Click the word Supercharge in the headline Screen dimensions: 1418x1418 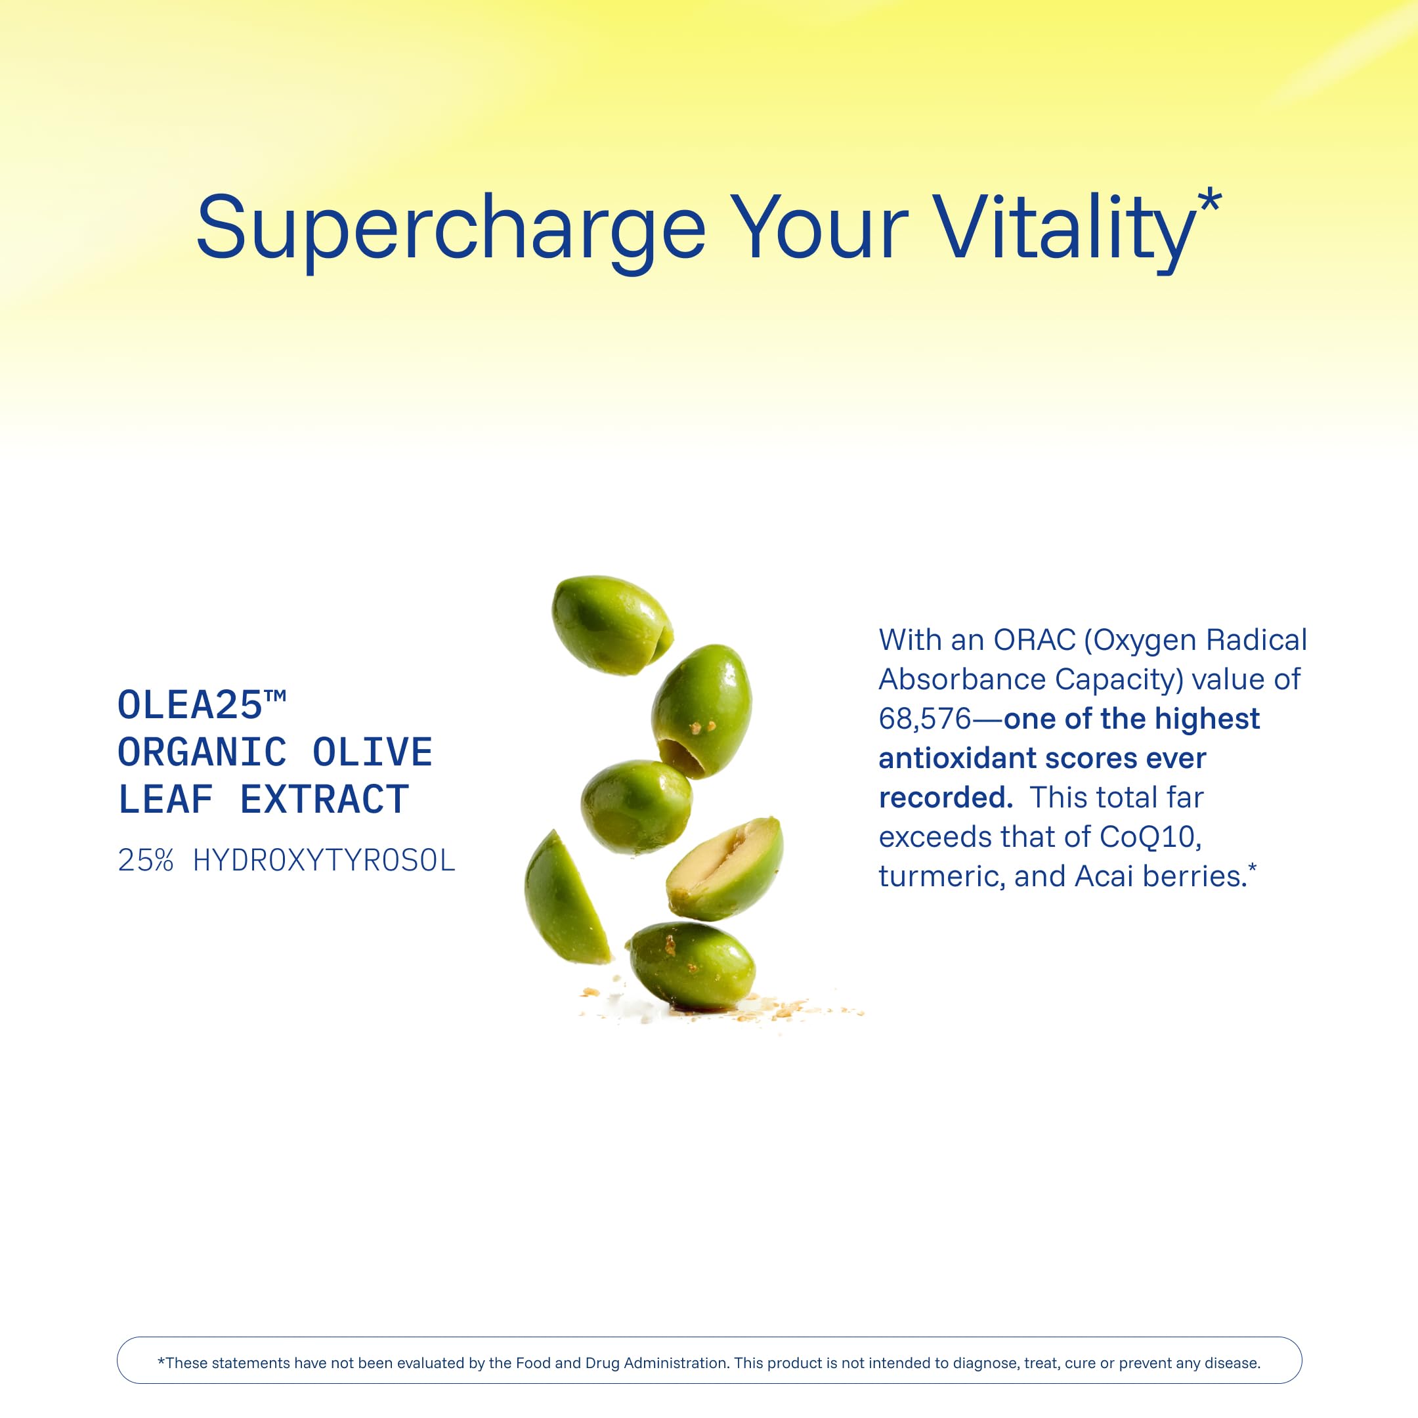450,230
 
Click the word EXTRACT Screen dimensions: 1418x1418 324,800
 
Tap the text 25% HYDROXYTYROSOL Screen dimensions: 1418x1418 287,860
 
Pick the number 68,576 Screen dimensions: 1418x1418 925,720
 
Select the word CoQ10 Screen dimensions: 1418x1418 1150,837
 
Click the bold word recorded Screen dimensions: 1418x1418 946,798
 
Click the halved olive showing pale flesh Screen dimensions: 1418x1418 724,869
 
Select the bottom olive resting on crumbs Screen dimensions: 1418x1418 692,966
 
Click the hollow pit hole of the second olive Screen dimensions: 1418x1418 681,757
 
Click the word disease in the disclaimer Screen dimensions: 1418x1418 1234,1363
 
